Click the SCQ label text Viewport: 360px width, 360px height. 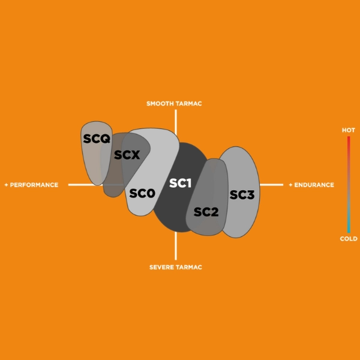click(97, 139)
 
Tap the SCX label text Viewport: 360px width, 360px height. click(127, 155)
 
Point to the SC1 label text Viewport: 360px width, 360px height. click(180, 183)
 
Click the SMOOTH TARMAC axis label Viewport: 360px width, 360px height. click(174, 104)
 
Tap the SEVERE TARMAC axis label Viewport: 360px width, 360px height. click(175, 266)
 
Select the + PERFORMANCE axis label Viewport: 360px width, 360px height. click(31, 185)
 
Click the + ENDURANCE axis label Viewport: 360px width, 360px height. click(311, 185)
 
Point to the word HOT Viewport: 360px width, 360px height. click(348, 130)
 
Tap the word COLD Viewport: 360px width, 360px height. click(349, 239)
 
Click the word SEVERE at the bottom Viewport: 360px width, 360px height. click(161, 266)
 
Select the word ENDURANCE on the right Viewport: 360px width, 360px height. click(314, 185)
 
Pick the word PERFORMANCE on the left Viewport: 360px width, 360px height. click(34, 185)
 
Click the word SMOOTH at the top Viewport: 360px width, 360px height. click(160, 104)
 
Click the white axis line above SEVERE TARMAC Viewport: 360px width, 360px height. click(176, 246)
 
